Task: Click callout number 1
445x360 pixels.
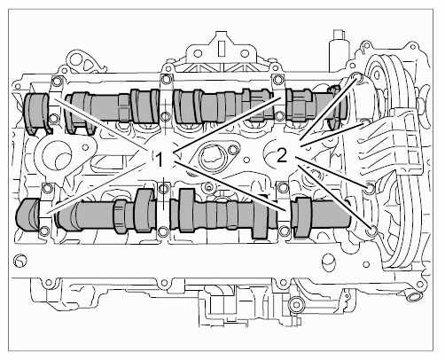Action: (160, 160)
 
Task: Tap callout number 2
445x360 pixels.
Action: (282, 155)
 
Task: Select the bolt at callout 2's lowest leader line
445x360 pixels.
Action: (372, 231)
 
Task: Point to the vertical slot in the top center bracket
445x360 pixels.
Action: (221, 48)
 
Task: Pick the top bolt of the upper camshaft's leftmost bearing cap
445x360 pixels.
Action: (57, 81)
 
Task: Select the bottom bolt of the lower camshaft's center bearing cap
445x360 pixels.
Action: (163, 232)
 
